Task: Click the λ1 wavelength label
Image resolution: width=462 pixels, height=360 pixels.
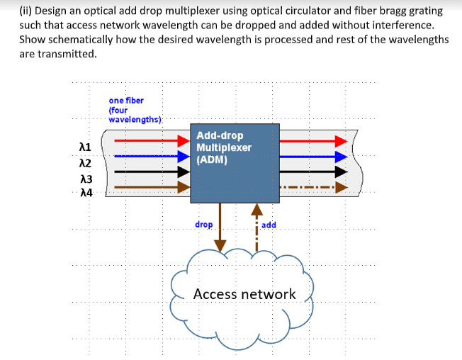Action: (x=86, y=147)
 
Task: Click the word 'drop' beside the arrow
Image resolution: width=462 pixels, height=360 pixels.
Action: (x=203, y=225)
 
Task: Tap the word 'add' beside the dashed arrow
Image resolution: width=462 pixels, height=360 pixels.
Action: (x=269, y=225)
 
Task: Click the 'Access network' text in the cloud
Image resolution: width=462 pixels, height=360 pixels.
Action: (x=244, y=293)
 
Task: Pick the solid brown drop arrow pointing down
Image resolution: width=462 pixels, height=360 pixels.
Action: (x=220, y=227)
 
